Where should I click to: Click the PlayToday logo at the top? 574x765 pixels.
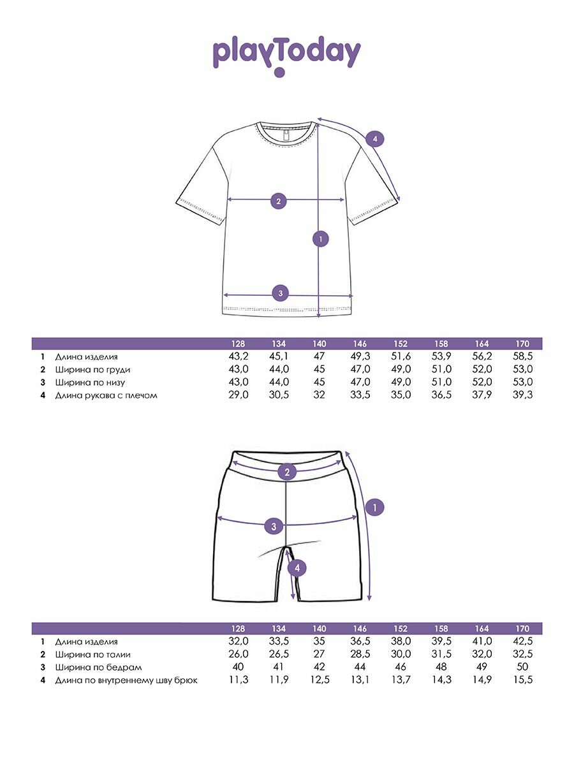[286, 55]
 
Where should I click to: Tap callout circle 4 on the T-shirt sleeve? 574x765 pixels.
[375, 139]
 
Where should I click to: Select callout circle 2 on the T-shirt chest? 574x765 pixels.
[278, 201]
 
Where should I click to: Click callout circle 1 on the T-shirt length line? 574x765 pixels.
[321, 239]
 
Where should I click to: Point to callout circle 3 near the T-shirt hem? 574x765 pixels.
[280, 293]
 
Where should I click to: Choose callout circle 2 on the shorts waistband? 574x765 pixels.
[287, 472]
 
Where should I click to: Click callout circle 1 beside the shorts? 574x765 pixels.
[375, 507]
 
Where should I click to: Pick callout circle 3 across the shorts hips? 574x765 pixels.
[274, 526]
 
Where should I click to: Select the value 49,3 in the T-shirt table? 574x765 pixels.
[360, 357]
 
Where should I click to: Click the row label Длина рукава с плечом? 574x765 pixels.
[106, 395]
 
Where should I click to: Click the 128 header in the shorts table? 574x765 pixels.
[239, 629]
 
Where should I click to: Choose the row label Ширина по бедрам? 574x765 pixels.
[98, 667]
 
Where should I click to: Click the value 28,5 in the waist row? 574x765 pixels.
[360, 655]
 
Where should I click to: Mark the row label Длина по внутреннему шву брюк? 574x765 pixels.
[126, 680]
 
